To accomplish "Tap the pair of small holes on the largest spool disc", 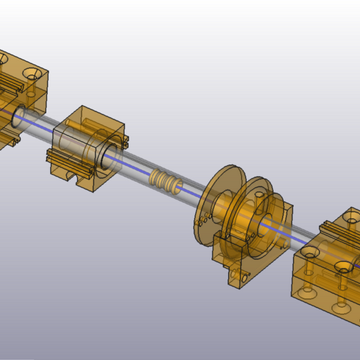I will click(205, 215).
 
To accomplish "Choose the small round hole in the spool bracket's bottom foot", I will click(245, 277).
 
